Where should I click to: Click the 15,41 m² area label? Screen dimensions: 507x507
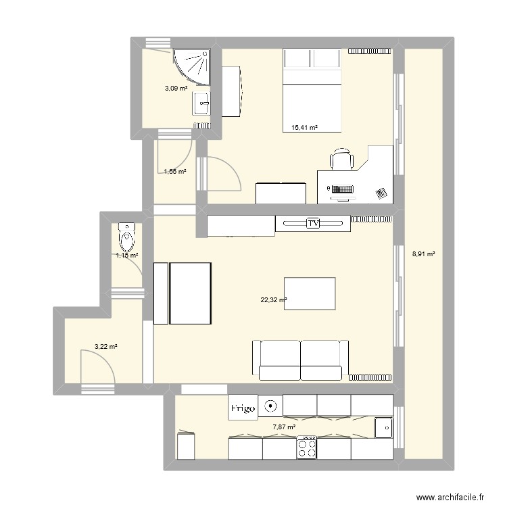coord(304,127)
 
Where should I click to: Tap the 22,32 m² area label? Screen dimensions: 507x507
coord(274,300)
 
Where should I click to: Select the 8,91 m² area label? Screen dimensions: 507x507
coord(423,255)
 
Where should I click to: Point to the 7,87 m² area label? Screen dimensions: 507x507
coord(284,427)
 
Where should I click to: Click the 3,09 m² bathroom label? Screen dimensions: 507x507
coord(176,88)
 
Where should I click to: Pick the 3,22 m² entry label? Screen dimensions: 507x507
coord(106,347)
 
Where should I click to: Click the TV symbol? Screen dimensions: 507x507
coord(313,222)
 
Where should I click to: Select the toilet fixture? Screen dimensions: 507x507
coord(126,237)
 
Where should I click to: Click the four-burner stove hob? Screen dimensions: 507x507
coord(308,445)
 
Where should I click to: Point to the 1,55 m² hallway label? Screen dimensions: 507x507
coord(175,172)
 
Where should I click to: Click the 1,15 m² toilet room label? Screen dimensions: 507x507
coord(126,256)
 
